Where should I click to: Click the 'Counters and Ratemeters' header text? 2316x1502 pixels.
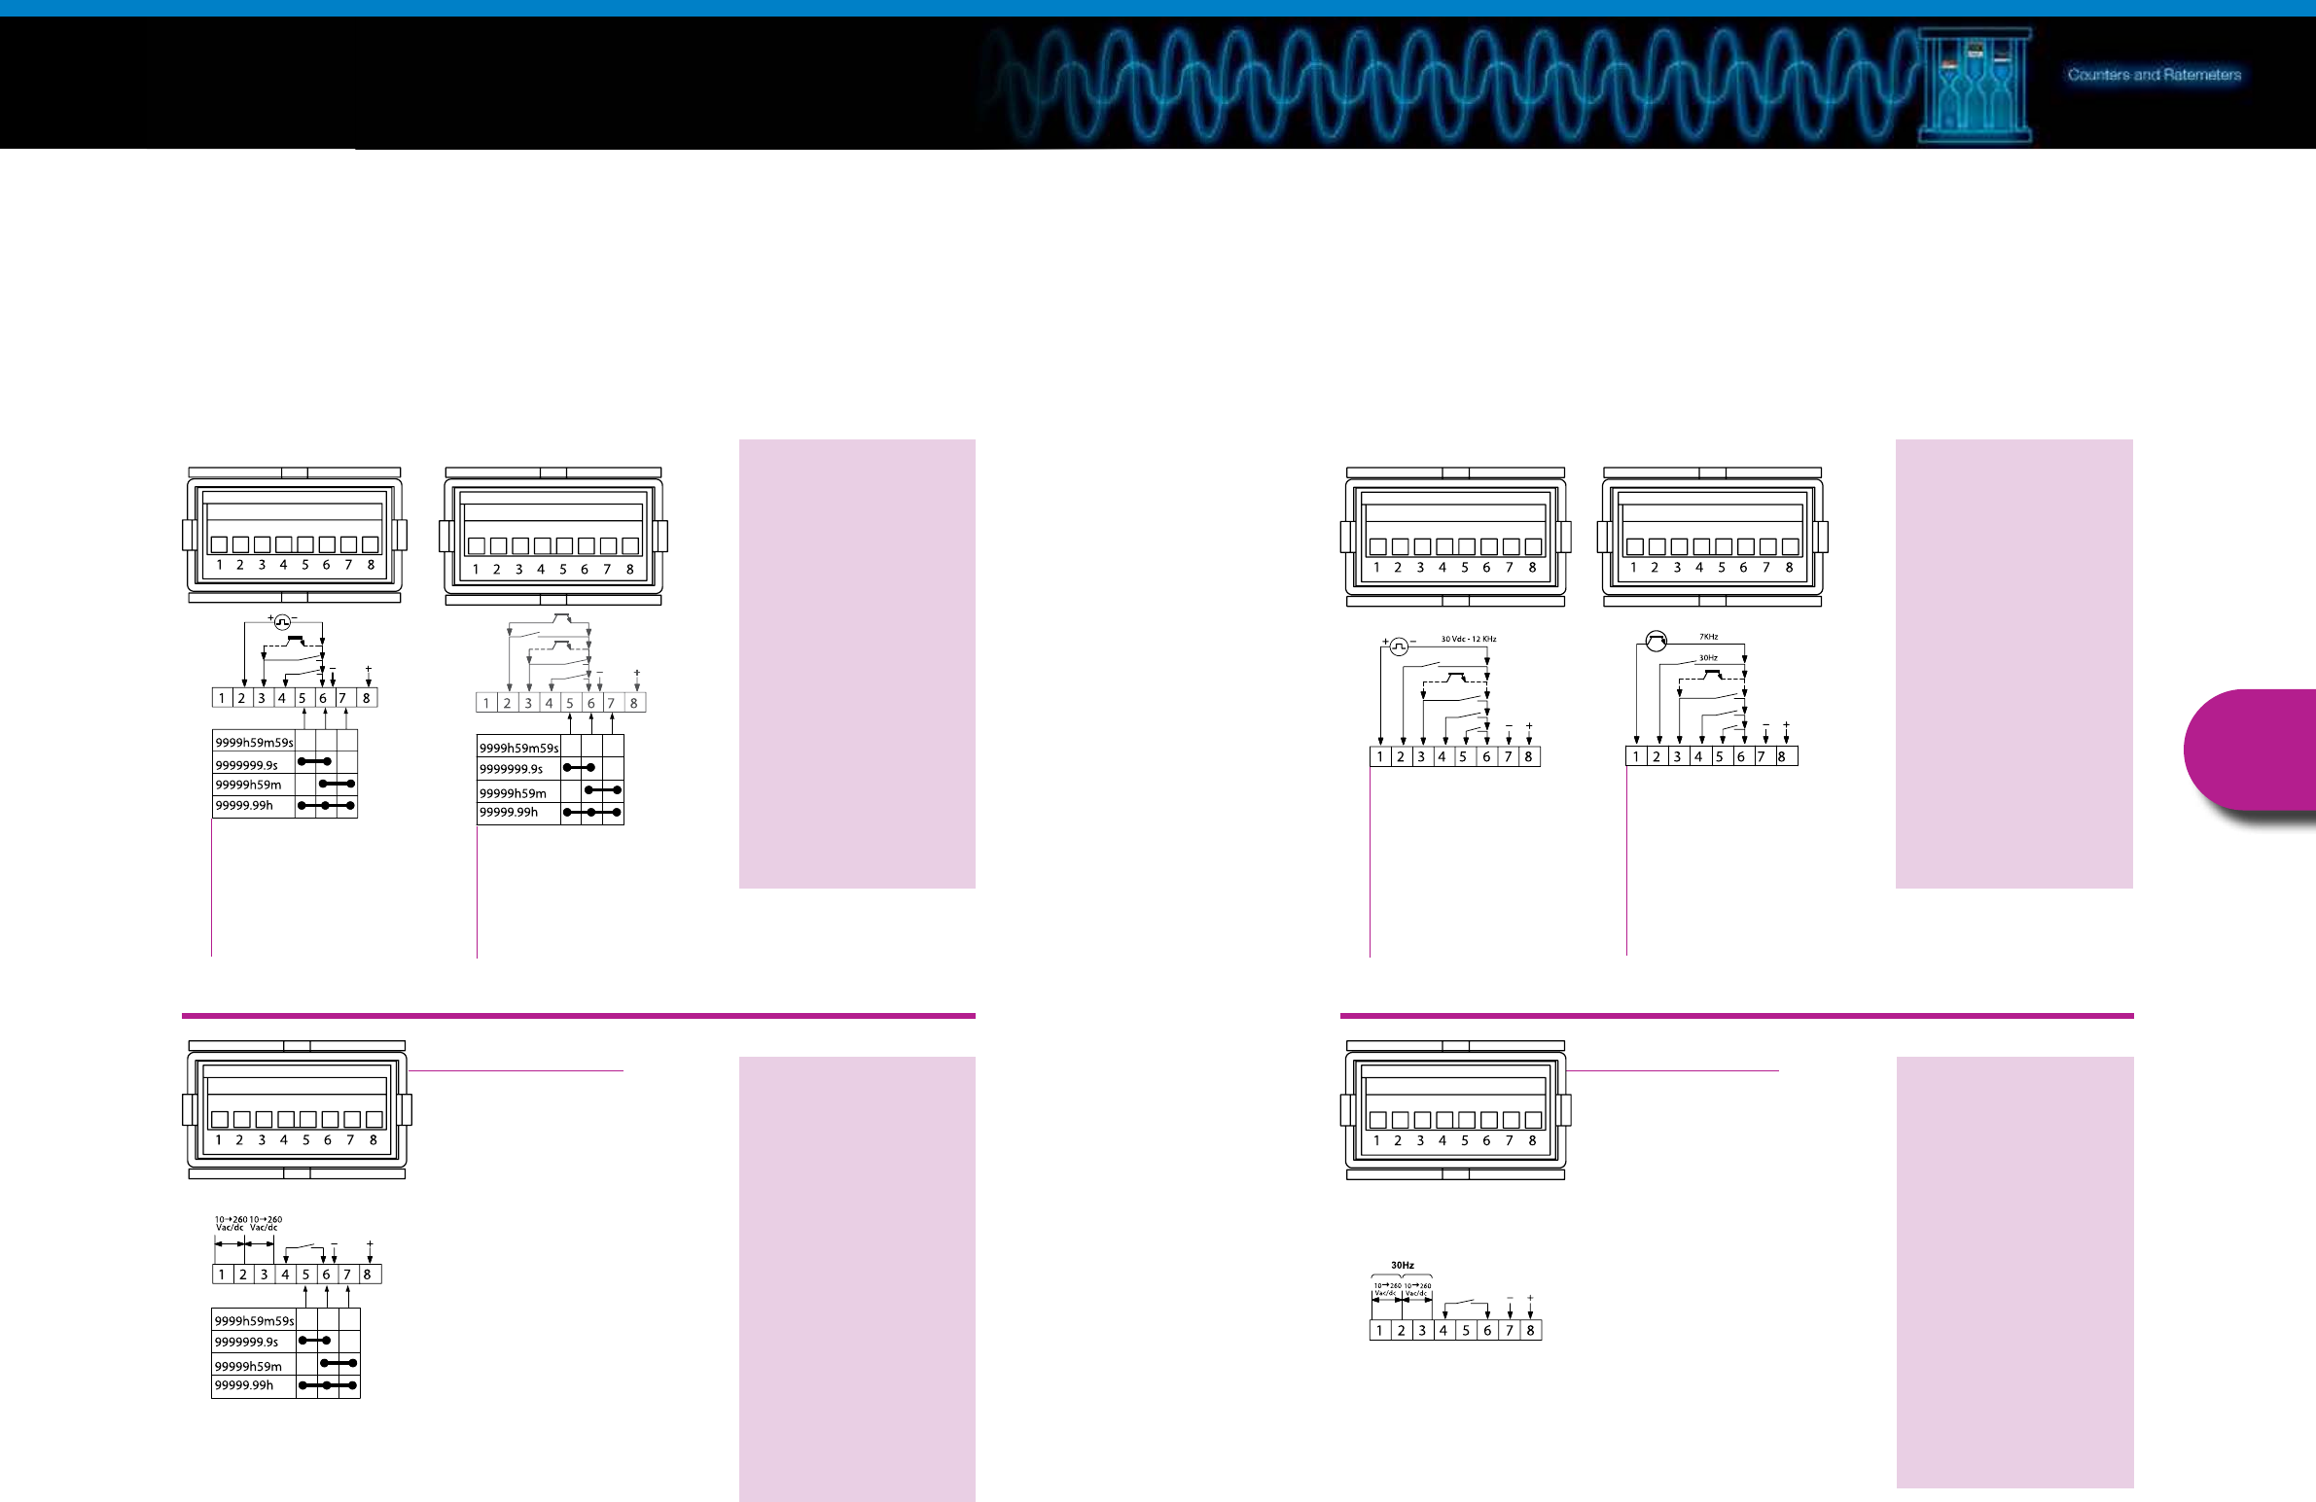pyautogui.click(x=2154, y=75)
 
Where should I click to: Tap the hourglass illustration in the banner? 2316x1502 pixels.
pyautogui.click(x=1975, y=87)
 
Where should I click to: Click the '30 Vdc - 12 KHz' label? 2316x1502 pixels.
pyautogui.click(x=1469, y=639)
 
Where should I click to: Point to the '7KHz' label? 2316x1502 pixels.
pyautogui.click(x=1709, y=636)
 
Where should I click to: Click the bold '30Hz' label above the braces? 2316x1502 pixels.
pyautogui.click(x=1403, y=1265)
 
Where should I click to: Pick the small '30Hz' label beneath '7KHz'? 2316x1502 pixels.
pyautogui.click(x=1708, y=657)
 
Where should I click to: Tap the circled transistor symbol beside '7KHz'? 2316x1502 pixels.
pyautogui.click(x=1656, y=640)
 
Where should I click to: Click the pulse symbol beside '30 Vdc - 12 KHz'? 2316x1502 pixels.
pyautogui.click(x=1399, y=646)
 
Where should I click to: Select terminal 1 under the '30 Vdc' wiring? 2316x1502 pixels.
pyautogui.click(x=1380, y=757)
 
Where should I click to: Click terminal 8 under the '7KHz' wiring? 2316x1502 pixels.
pyautogui.click(x=1782, y=757)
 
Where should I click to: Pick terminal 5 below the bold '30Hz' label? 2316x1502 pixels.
pyautogui.click(x=1466, y=1331)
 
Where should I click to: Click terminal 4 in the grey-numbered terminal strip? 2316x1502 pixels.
pyautogui.click(x=549, y=703)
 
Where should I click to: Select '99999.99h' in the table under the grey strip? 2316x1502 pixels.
pyautogui.click(x=508, y=813)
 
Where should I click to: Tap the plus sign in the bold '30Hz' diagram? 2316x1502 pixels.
pyautogui.click(x=1531, y=1298)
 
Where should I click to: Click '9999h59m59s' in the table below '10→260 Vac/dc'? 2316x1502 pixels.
pyautogui.click(x=253, y=1321)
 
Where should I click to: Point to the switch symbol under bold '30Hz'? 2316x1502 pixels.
pyautogui.click(x=1466, y=1304)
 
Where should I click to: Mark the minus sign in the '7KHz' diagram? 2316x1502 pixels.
pyautogui.click(x=1766, y=724)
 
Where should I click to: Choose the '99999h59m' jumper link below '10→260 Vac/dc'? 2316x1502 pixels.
pyautogui.click(x=338, y=1363)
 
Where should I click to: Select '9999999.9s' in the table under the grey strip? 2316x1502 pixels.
pyautogui.click(x=511, y=770)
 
